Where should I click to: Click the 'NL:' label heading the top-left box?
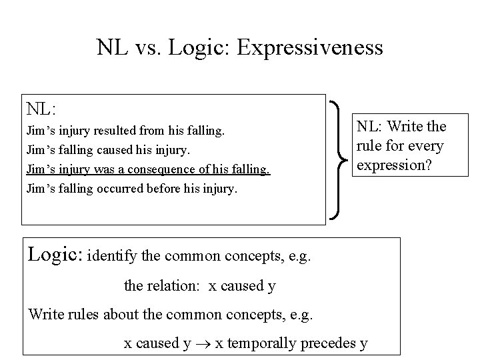41,108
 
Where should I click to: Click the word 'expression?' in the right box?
396,165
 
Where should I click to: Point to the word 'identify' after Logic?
113,255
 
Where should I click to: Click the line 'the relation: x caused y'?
200,285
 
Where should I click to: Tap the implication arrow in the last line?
202,344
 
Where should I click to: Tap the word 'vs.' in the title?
151,47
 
